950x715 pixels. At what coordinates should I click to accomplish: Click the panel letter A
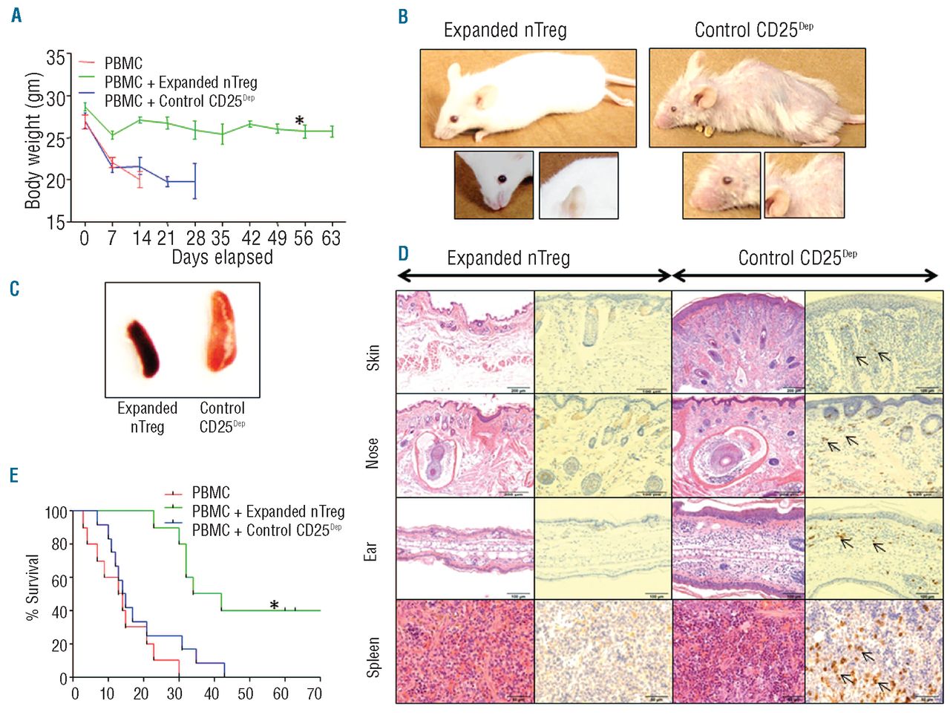tap(16, 15)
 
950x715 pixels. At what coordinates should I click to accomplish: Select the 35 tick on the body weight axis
tap(55, 58)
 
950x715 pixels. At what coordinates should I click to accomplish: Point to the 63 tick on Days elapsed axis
tap(331, 238)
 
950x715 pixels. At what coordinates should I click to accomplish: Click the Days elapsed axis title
tap(222, 258)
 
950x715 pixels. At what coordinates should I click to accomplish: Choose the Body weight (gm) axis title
tap(33, 140)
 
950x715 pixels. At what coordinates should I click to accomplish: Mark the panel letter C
tap(15, 289)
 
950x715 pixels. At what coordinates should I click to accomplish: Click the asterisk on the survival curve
tap(275, 605)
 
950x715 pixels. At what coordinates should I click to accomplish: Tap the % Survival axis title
tap(33, 587)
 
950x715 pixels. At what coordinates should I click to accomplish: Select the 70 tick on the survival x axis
tap(315, 693)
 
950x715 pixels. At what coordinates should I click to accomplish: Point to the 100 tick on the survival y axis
tap(56, 512)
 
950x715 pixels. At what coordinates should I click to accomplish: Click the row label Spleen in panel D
tap(373, 656)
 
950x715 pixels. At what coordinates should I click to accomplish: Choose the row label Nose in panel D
tap(373, 453)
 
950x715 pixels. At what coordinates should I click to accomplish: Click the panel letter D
tap(403, 254)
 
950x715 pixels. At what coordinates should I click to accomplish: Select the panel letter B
tap(403, 16)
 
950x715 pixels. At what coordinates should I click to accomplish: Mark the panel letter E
tap(15, 475)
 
